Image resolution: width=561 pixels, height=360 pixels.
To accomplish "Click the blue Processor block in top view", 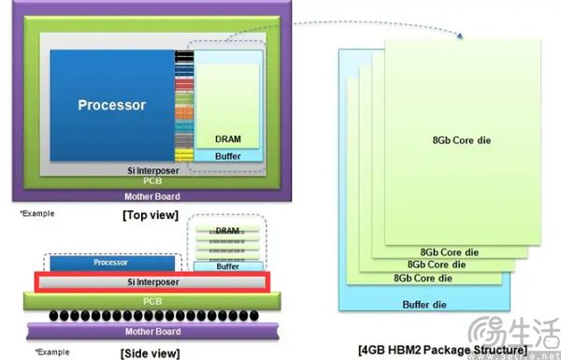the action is pos(110,105).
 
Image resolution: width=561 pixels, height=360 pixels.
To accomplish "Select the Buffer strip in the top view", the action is pos(227,155).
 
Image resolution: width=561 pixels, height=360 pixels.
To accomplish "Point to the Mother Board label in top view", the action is pos(152,196).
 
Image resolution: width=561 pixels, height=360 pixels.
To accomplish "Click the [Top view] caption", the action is pos(151,215).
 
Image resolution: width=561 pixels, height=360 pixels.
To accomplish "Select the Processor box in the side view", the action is pos(110,263).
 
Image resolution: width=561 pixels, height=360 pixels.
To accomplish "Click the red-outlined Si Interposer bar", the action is pos(151,281).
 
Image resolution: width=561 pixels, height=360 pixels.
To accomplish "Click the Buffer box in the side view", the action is pos(227,266).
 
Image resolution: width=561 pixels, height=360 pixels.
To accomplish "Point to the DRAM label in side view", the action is pos(227,230).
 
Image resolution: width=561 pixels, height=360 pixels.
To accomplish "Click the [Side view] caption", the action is pos(150,353).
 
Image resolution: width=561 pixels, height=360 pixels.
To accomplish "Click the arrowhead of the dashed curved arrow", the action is pos(462,36).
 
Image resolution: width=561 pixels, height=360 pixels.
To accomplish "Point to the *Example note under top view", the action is pos(37,213).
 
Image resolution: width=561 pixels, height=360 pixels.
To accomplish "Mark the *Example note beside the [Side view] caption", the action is pos(52,352).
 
